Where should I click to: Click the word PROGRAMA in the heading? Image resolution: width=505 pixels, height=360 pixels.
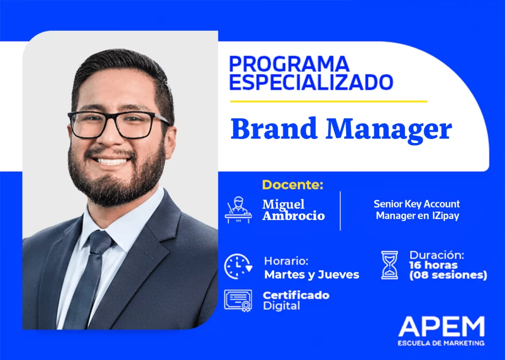[289, 64]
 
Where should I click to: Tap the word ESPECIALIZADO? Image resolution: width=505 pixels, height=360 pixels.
[311, 82]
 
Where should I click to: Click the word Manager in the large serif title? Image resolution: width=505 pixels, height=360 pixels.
[389, 130]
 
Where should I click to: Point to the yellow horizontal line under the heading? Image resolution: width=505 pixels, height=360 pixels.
[328, 102]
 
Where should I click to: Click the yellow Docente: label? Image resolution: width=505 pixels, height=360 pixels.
[292, 185]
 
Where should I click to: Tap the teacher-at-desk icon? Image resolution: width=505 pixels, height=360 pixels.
[238, 210]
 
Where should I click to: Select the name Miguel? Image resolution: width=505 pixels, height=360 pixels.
[284, 204]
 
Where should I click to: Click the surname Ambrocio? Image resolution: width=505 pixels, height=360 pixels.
[294, 216]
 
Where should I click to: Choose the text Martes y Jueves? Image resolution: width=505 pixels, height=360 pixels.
[312, 275]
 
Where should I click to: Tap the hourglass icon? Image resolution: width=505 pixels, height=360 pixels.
[390, 265]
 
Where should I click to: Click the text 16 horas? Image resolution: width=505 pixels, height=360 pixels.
[433, 265]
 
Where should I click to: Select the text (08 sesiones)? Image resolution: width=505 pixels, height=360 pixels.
[448, 275]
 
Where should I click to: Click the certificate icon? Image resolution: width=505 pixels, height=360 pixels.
[238, 301]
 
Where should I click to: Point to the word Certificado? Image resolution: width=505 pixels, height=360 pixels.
[296, 295]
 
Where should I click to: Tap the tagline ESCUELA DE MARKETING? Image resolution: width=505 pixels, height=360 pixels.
[441, 343]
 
